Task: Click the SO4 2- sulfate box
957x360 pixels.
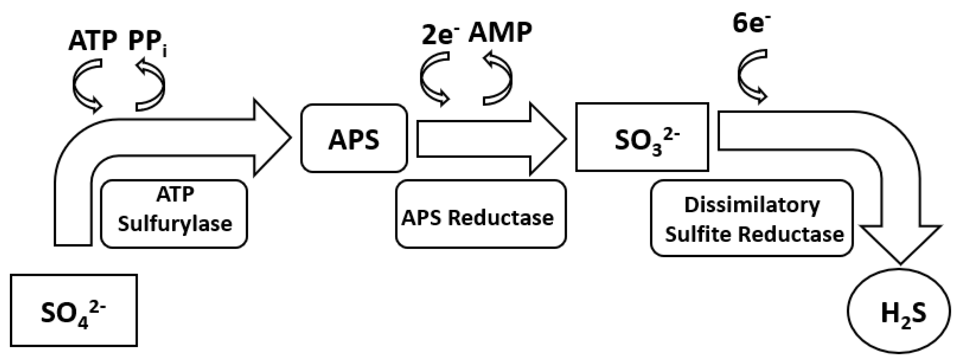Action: pos(74,311)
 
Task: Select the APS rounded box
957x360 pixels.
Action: pos(354,139)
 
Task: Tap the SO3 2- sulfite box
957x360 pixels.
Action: pos(642,138)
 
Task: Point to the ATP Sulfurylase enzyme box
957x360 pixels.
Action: pos(174,214)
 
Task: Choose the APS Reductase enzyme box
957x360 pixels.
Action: pos(480,214)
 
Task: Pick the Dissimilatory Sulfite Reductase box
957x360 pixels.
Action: pos(752,218)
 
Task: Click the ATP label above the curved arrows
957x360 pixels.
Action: pos(93,41)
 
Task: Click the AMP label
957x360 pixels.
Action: pos(500,33)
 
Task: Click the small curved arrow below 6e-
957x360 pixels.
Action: pos(751,76)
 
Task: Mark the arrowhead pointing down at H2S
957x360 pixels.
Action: pos(900,241)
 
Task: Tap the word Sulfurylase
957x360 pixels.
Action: pos(175,224)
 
